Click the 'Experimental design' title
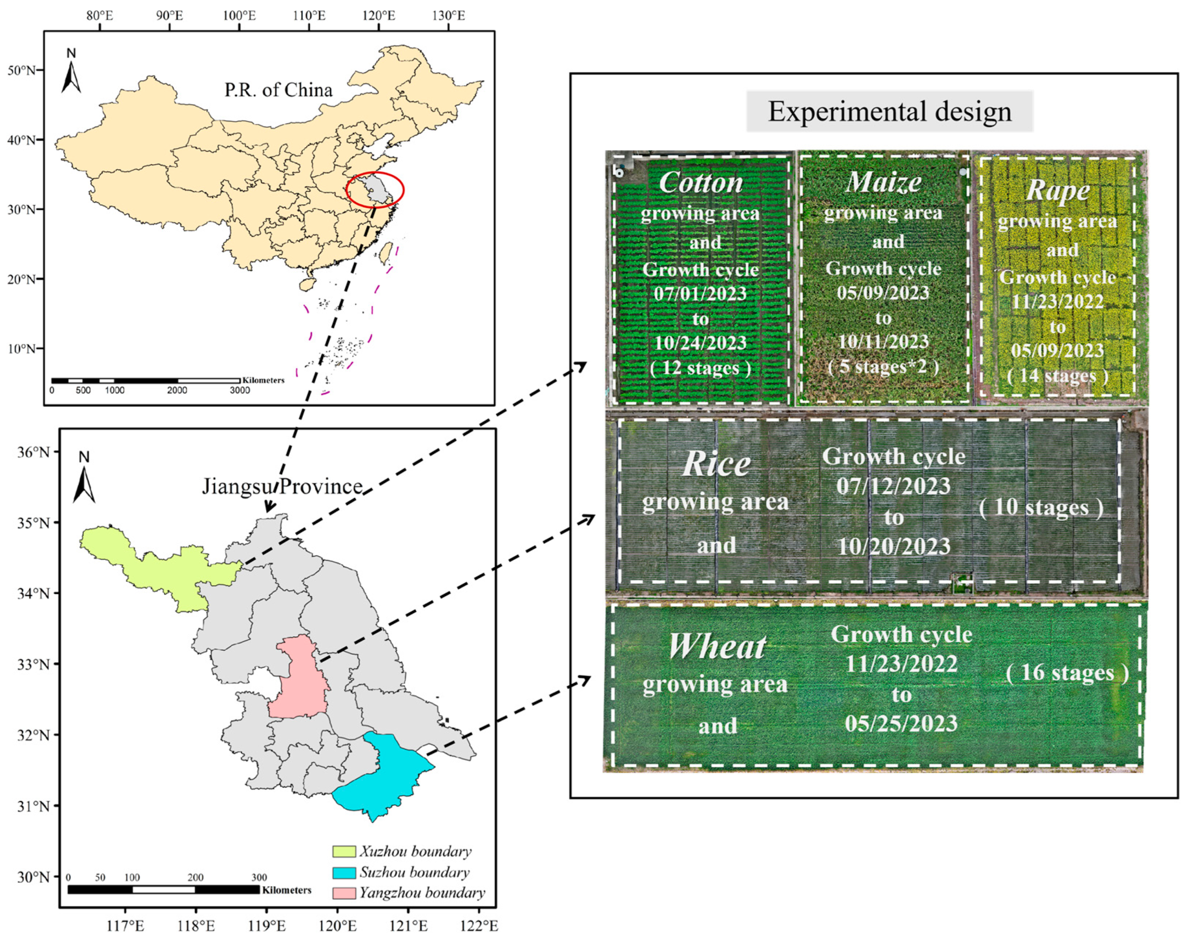click(x=889, y=112)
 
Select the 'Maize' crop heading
click(x=884, y=182)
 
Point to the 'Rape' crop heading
click(x=1057, y=191)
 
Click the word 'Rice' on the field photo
click(x=716, y=465)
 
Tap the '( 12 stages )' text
click(x=700, y=368)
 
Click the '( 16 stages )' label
click(x=1067, y=673)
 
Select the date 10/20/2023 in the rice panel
click(x=894, y=547)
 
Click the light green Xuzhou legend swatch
click(x=343, y=851)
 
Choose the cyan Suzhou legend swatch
click(x=343, y=872)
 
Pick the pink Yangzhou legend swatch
click(x=343, y=893)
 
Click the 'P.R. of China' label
click(x=278, y=90)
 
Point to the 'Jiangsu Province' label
click(x=282, y=486)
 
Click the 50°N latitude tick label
click(x=21, y=70)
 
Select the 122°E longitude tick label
click(x=478, y=926)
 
